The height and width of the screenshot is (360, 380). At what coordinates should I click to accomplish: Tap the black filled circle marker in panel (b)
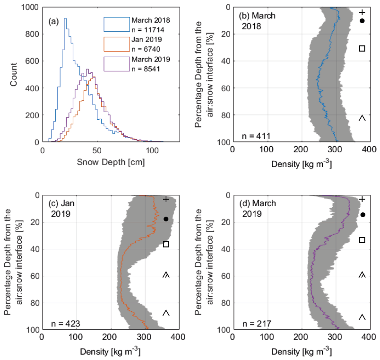coord(362,21)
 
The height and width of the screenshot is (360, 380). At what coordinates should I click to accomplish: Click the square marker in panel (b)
coord(362,48)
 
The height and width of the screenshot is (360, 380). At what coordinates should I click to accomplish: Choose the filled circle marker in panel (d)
coord(363,215)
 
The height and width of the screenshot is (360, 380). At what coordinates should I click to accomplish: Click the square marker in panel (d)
coord(362,240)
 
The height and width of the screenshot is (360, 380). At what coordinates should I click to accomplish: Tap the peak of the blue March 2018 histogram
coord(65,19)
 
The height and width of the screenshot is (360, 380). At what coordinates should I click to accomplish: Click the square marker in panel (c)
coord(166,244)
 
